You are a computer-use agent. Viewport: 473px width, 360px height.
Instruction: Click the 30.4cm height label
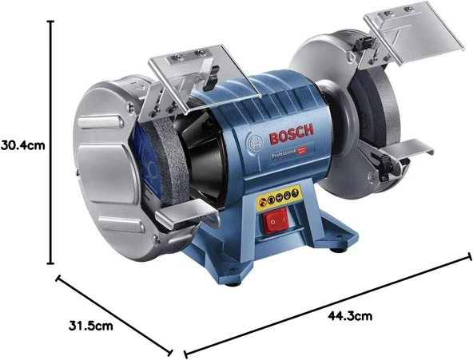point(22,145)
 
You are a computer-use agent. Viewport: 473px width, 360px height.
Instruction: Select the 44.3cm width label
point(351,316)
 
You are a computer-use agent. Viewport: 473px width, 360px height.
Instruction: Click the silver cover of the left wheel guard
point(111,164)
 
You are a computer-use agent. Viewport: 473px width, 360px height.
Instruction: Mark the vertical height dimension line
point(51,144)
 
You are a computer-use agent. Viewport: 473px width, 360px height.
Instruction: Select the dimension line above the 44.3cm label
point(328,303)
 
